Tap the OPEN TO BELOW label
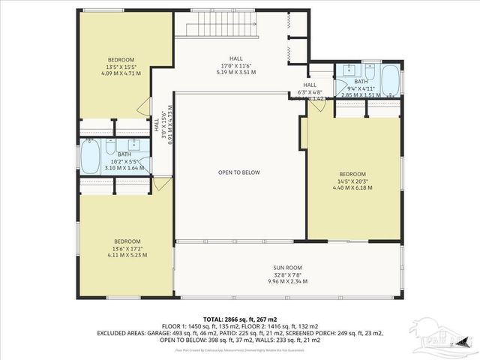(239, 172)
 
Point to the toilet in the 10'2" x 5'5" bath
(110, 145)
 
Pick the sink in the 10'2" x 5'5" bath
(136, 144)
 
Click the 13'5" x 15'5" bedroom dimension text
(120, 67)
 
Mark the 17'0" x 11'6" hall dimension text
(237, 68)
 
